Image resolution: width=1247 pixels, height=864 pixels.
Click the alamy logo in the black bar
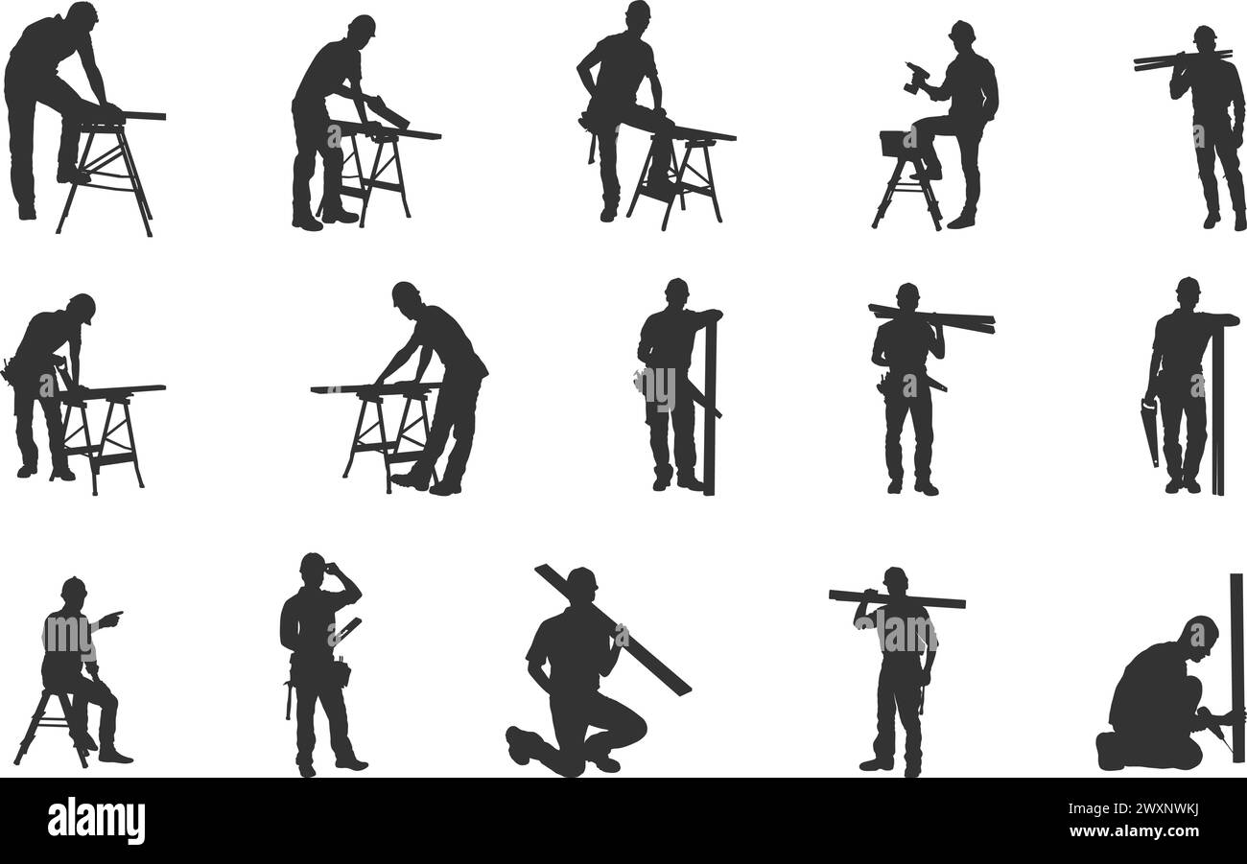coord(96,821)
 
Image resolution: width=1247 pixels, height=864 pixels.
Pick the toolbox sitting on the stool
coord(894,144)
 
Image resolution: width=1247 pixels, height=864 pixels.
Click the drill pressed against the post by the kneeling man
coord(1212,721)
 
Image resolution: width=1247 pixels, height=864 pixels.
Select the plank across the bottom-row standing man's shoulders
coord(896,598)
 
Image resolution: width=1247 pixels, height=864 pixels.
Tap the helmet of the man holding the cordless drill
coord(961,29)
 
